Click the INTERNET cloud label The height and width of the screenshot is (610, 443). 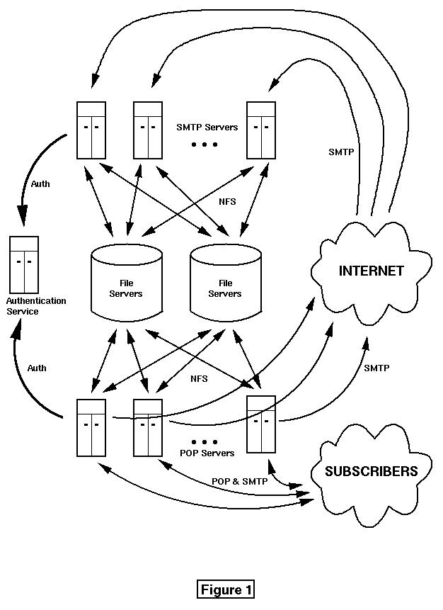(x=371, y=271)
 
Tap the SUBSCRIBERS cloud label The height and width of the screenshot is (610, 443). (x=371, y=471)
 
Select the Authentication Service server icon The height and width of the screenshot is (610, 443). (x=24, y=264)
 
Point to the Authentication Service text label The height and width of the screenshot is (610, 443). (x=36, y=306)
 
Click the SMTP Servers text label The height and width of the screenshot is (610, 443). (x=207, y=128)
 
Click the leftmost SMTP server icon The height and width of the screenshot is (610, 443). (x=91, y=130)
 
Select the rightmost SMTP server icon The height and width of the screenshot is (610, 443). (x=261, y=130)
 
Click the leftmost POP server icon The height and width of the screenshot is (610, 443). (x=91, y=427)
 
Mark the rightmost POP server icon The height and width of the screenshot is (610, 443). (x=260, y=424)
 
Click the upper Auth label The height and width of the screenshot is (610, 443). (x=40, y=184)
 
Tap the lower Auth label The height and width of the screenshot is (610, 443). (x=37, y=368)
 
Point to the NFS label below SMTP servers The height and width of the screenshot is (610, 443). (x=227, y=202)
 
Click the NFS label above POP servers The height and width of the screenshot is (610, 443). (x=199, y=379)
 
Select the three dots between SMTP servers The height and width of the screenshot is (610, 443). (x=205, y=145)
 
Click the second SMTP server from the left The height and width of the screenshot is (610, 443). (x=148, y=130)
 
